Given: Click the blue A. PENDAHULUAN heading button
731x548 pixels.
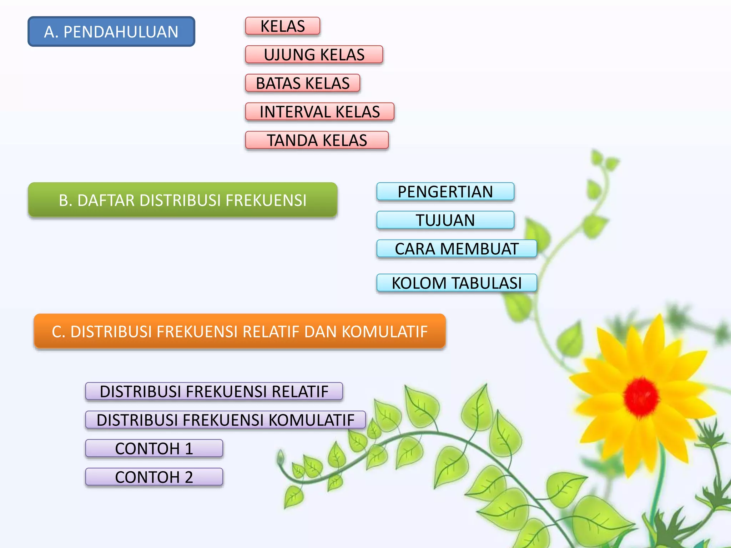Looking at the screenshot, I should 111,32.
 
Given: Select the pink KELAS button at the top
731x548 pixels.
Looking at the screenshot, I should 283,26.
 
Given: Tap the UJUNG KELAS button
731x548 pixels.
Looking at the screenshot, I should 314,55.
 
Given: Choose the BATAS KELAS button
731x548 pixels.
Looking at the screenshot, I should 303,83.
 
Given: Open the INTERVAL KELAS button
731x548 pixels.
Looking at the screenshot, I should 320,112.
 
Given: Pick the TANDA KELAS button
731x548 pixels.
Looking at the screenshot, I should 317,140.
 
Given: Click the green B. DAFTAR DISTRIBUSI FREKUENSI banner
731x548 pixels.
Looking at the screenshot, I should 183,200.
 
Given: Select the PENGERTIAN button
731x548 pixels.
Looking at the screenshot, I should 445,192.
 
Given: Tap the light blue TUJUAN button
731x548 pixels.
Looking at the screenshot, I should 445,220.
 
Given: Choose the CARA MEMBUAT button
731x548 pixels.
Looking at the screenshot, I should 457,249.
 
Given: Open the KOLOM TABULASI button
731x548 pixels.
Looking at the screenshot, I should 457,283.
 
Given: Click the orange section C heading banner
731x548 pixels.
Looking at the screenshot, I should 240,331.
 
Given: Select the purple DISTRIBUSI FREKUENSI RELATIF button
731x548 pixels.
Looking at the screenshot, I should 214,391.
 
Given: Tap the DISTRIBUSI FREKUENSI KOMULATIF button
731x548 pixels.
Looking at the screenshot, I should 226,420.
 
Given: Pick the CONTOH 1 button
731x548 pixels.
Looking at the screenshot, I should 154,448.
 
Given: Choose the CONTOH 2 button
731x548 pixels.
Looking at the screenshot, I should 154,477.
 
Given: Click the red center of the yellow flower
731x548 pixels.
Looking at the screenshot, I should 641,395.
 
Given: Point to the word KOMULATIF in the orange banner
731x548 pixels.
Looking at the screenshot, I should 385,332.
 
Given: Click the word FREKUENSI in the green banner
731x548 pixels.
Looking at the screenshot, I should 266,201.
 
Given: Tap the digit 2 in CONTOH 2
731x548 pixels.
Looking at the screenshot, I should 189,477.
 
